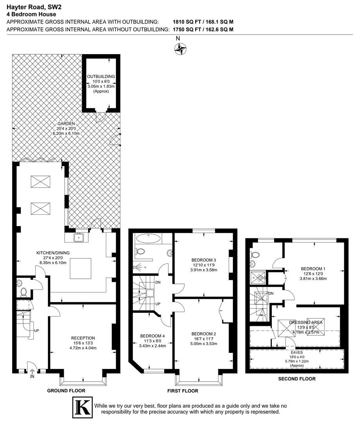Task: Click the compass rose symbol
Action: point(180,49)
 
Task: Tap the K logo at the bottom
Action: point(82,408)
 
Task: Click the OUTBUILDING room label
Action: point(101,77)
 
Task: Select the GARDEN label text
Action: point(66,124)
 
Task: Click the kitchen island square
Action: point(80,269)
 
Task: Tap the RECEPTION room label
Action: point(83,338)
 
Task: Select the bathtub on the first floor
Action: point(148,239)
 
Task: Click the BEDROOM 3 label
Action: point(204,260)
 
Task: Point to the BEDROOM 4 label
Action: point(152,336)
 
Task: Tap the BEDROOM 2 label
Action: point(204,334)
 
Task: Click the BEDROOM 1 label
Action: point(313,269)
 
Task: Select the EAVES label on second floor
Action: point(297,353)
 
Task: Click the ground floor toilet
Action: point(24,292)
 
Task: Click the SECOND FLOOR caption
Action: point(297,379)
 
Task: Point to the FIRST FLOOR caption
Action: point(183,391)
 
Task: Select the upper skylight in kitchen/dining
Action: point(40,181)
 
